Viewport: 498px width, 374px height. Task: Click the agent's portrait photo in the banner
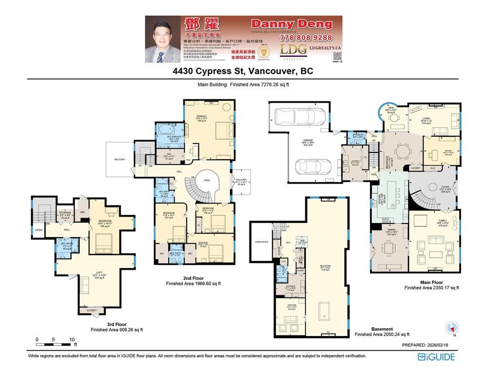(162, 39)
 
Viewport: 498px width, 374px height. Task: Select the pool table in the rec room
(323, 312)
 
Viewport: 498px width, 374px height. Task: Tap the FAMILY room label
(429, 221)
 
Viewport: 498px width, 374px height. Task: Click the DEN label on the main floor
(391, 108)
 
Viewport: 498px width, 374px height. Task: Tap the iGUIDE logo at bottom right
(436, 357)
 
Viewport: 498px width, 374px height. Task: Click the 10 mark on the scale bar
(71, 339)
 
